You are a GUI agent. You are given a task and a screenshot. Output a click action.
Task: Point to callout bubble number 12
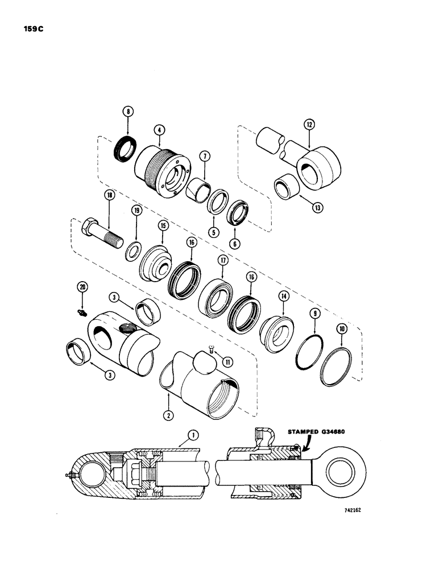point(309,124)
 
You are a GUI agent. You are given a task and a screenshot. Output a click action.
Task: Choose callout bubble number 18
point(108,195)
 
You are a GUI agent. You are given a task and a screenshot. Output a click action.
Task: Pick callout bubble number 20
point(83,287)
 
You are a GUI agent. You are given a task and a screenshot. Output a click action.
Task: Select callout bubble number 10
point(342,328)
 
